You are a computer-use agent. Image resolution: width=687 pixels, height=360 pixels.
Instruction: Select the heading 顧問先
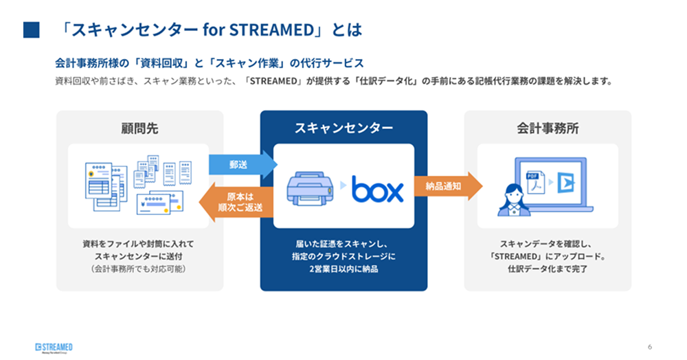(139, 128)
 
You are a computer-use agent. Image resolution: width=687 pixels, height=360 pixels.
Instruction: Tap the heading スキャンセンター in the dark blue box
(343, 128)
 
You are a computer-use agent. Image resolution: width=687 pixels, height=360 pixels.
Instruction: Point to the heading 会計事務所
(548, 128)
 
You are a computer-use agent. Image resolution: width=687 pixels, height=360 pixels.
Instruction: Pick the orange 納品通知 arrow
(447, 185)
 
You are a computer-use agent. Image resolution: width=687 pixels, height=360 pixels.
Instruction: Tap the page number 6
(649, 346)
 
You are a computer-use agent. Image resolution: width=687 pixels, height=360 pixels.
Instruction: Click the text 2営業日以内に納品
(343, 269)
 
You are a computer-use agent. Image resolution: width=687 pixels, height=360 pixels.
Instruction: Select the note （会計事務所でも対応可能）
(139, 269)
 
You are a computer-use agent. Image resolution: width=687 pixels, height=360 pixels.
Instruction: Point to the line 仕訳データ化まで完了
(548, 269)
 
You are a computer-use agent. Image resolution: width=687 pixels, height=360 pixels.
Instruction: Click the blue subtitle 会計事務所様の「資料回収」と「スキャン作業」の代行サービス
(209, 63)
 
